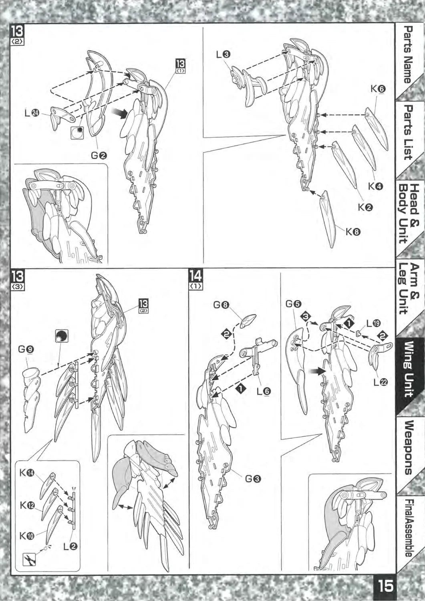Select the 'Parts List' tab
[408, 134]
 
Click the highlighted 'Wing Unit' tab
[408, 370]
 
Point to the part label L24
[32, 113]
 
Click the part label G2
[99, 155]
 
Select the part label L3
[223, 54]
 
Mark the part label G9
[26, 349]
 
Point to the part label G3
[253, 478]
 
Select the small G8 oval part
[249, 321]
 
